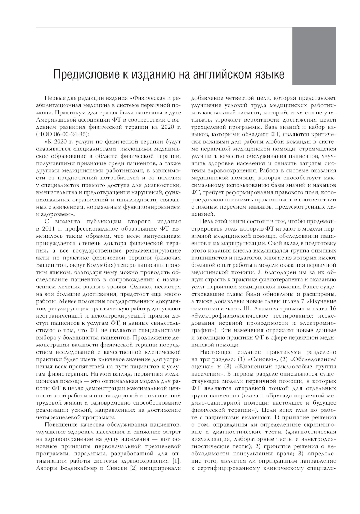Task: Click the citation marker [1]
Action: (176, 461)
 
